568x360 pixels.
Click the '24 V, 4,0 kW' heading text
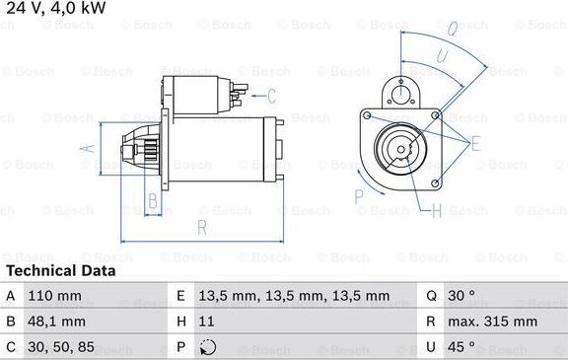point(56,8)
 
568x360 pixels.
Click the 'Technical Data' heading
point(61,271)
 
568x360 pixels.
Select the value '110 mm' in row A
point(54,296)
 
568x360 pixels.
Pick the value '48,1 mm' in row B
point(56,322)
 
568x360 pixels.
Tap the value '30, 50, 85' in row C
point(61,347)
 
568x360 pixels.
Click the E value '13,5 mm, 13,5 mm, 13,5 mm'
point(294,296)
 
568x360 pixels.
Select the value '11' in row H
point(206,322)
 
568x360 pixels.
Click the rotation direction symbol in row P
point(208,347)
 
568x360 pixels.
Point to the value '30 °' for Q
point(461,296)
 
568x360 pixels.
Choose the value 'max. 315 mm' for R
point(493,322)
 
